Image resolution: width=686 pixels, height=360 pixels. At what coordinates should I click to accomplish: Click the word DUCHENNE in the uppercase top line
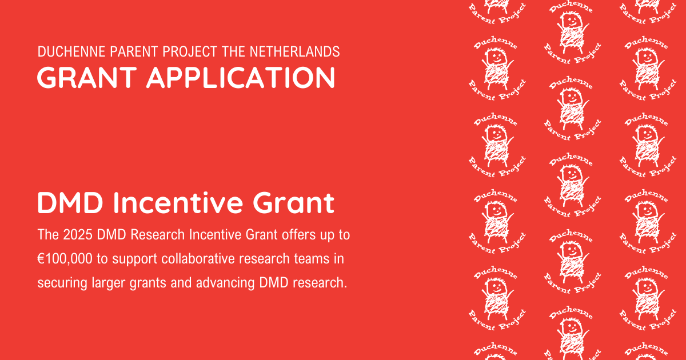71,51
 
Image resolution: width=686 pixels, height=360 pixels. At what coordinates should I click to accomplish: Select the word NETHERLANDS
294,51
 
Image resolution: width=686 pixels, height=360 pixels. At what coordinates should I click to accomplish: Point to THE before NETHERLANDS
233,51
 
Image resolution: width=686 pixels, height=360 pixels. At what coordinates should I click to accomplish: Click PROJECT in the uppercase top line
190,51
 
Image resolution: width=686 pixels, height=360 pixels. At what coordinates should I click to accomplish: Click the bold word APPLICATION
241,78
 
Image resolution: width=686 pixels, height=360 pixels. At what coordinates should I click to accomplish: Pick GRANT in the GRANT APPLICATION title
87,78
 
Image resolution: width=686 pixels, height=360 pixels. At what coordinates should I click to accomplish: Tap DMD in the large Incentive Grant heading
70,202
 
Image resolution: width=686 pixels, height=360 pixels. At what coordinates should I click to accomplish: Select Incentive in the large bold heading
178,202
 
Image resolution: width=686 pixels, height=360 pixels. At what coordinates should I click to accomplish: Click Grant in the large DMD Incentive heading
293,202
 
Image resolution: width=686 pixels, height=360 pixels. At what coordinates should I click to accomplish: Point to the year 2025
78,235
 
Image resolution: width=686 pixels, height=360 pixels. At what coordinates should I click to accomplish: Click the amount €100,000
65,259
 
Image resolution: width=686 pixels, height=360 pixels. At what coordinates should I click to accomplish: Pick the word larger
109,283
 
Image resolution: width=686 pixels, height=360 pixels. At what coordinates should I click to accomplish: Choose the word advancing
225,283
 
